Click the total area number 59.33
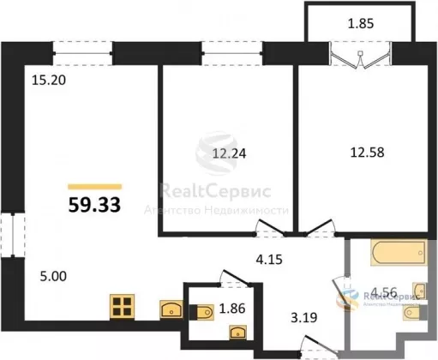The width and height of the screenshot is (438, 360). coord(94,205)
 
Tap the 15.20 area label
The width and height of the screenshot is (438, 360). coord(49,81)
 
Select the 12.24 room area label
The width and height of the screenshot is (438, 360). coord(229,153)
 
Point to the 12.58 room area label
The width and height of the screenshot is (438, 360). coord(368,153)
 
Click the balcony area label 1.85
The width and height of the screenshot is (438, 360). coord(361,23)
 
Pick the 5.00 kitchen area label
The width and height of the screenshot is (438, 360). coord(53,276)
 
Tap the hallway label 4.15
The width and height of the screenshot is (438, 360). coord(269,260)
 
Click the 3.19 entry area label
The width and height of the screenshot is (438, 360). coord(304,317)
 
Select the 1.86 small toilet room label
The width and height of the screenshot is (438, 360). coord(232,309)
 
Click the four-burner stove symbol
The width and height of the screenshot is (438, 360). coord(123,306)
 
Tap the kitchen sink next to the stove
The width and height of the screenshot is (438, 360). coord(171,309)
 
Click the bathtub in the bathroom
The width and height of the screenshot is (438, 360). coord(399,253)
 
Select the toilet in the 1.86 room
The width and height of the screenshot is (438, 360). coord(201,312)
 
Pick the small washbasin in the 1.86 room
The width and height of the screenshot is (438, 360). coord(237,333)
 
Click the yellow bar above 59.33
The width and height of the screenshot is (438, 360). coord(95,187)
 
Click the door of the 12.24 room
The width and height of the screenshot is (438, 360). coord(271,228)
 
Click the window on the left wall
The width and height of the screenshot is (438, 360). coord(13,235)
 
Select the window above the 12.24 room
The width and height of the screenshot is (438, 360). coord(232,53)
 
